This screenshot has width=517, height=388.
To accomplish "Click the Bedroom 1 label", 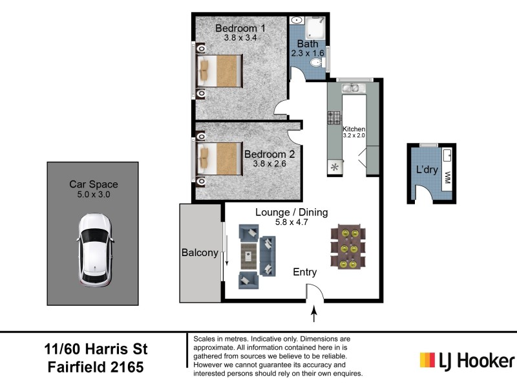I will pyautogui.click(x=240, y=28).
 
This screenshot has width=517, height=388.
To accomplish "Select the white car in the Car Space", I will pyautogui.click(x=94, y=250).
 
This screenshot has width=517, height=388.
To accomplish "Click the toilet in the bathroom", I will pyautogui.click(x=317, y=63).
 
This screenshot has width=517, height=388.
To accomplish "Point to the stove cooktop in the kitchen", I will pyautogui.click(x=334, y=118).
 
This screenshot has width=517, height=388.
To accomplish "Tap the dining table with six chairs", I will pyautogui.click(x=348, y=248).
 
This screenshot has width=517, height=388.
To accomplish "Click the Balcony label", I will pyautogui.click(x=200, y=253).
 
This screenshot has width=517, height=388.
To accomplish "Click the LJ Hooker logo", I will pyautogui.click(x=467, y=360).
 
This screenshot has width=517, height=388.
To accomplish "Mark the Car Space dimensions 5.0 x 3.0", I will pyautogui.click(x=94, y=194).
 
